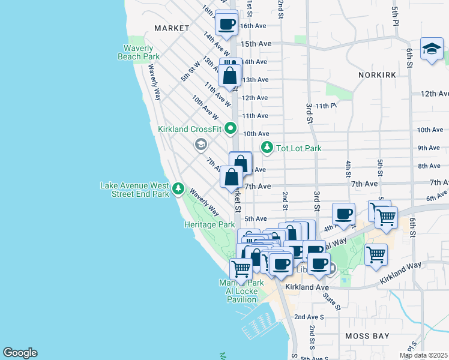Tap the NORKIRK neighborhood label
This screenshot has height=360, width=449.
[x=378, y=75]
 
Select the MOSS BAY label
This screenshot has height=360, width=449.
[x=367, y=336]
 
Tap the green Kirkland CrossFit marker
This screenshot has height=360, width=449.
[x=231, y=129]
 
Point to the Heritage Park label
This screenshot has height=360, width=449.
[x=209, y=224]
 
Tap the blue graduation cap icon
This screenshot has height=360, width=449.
[x=432, y=50]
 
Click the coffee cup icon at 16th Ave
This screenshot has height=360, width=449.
[x=227, y=25]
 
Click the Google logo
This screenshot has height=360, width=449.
[x=20, y=353]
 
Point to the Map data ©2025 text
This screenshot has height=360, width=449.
[x=423, y=355]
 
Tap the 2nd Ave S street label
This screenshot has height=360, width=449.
[x=309, y=316]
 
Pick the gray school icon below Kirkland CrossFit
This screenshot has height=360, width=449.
[x=200, y=144]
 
